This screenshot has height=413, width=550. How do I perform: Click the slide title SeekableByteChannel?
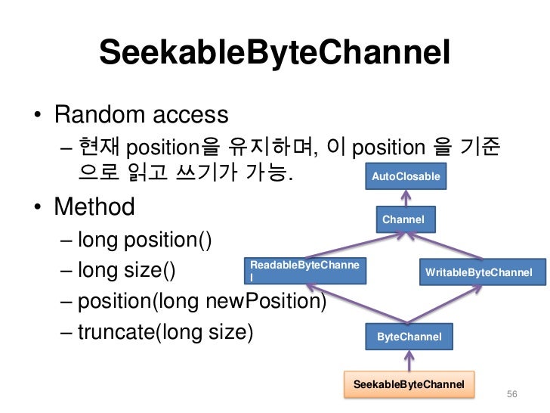click(x=275, y=53)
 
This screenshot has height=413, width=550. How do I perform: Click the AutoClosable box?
click(x=406, y=175)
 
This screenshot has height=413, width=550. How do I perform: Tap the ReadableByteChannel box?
click(x=305, y=271)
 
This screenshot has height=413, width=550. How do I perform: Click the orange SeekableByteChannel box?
click(x=409, y=384)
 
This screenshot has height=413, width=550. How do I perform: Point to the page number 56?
click(x=512, y=396)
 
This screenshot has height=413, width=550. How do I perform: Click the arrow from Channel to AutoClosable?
click(x=406, y=197)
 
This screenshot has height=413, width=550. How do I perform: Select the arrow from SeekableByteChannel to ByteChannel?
click(x=408, y=360)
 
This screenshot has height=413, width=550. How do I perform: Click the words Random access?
click(x=141, y=116)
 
